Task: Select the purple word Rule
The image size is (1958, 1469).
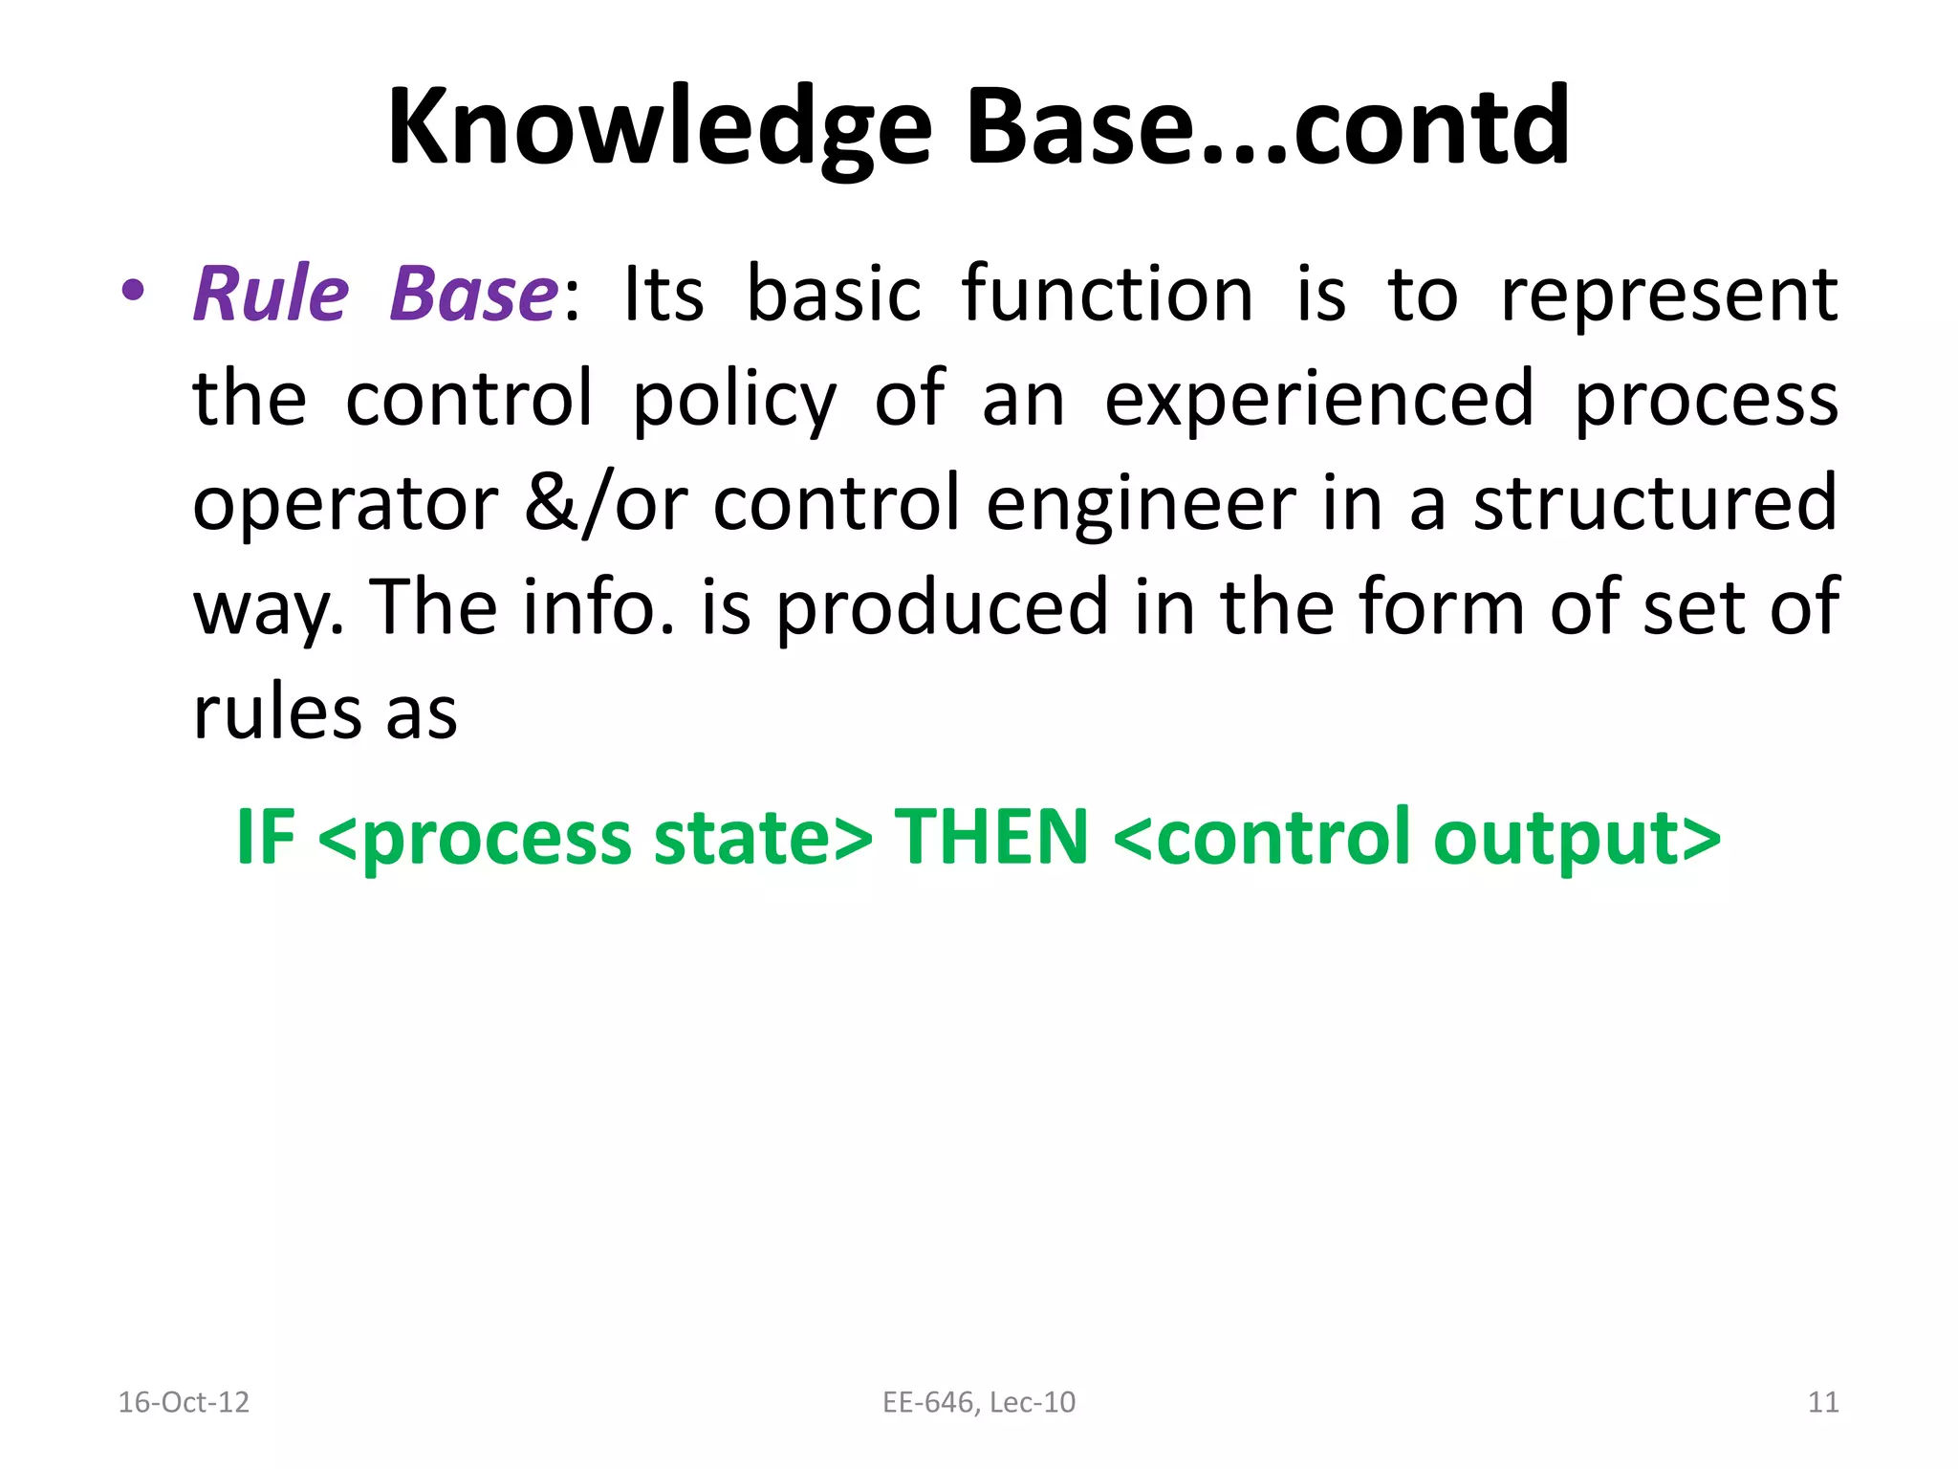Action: tap(271, 294)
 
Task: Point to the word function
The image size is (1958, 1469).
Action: tap(1106, 294)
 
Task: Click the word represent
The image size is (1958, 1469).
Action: tap(1668, 294)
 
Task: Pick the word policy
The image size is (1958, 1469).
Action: tap(734, 400)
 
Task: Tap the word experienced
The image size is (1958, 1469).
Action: tap(1319, 400)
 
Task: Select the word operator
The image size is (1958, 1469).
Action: tap(345, 504)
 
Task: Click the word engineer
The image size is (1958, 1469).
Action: tap(1141, 504)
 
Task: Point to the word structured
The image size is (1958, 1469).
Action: tap(1654, 504)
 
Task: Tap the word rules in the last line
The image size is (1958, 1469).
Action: tap(277, 713)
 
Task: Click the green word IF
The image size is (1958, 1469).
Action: tap(265, 837)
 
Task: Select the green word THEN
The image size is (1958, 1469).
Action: tap(991, 837)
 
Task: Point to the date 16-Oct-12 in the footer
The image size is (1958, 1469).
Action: tap(183, 1402)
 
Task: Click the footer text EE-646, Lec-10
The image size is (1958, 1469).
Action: tap(978, 1402)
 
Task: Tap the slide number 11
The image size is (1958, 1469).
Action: tap(1822, 1402)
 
